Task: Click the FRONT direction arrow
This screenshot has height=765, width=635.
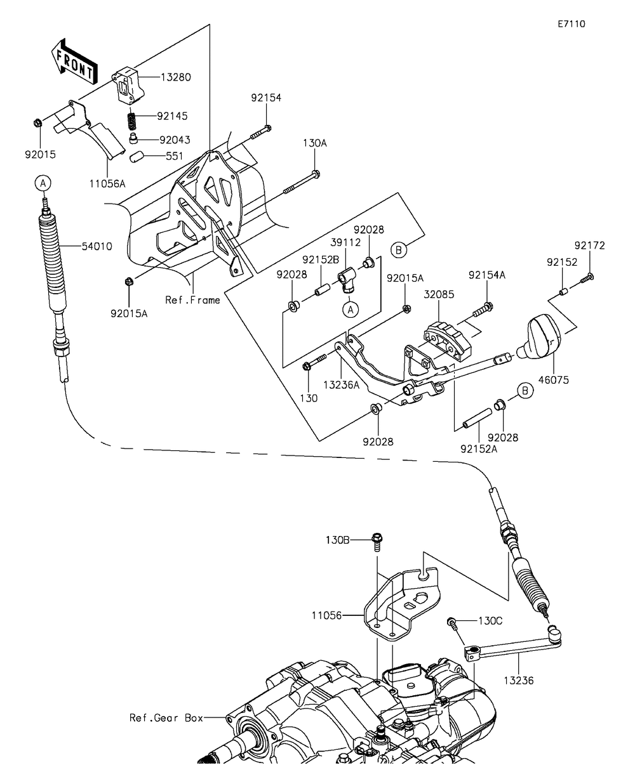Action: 74,61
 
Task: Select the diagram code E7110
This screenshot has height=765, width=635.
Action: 571,24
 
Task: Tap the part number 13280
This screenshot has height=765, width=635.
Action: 176,77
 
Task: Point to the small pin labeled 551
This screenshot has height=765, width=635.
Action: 136,157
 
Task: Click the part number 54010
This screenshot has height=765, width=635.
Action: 97,246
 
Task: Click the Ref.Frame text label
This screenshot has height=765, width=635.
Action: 192,300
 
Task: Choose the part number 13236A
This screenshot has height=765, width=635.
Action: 341,384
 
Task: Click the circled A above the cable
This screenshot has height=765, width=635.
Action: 43,183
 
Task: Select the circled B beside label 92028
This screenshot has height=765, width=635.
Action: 525,391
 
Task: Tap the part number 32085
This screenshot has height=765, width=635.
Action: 439,294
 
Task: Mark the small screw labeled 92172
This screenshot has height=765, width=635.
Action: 587,278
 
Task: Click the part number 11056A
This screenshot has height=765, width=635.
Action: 107,183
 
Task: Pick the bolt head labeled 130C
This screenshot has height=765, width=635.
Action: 451,622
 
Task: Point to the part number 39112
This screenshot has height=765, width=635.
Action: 345,242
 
